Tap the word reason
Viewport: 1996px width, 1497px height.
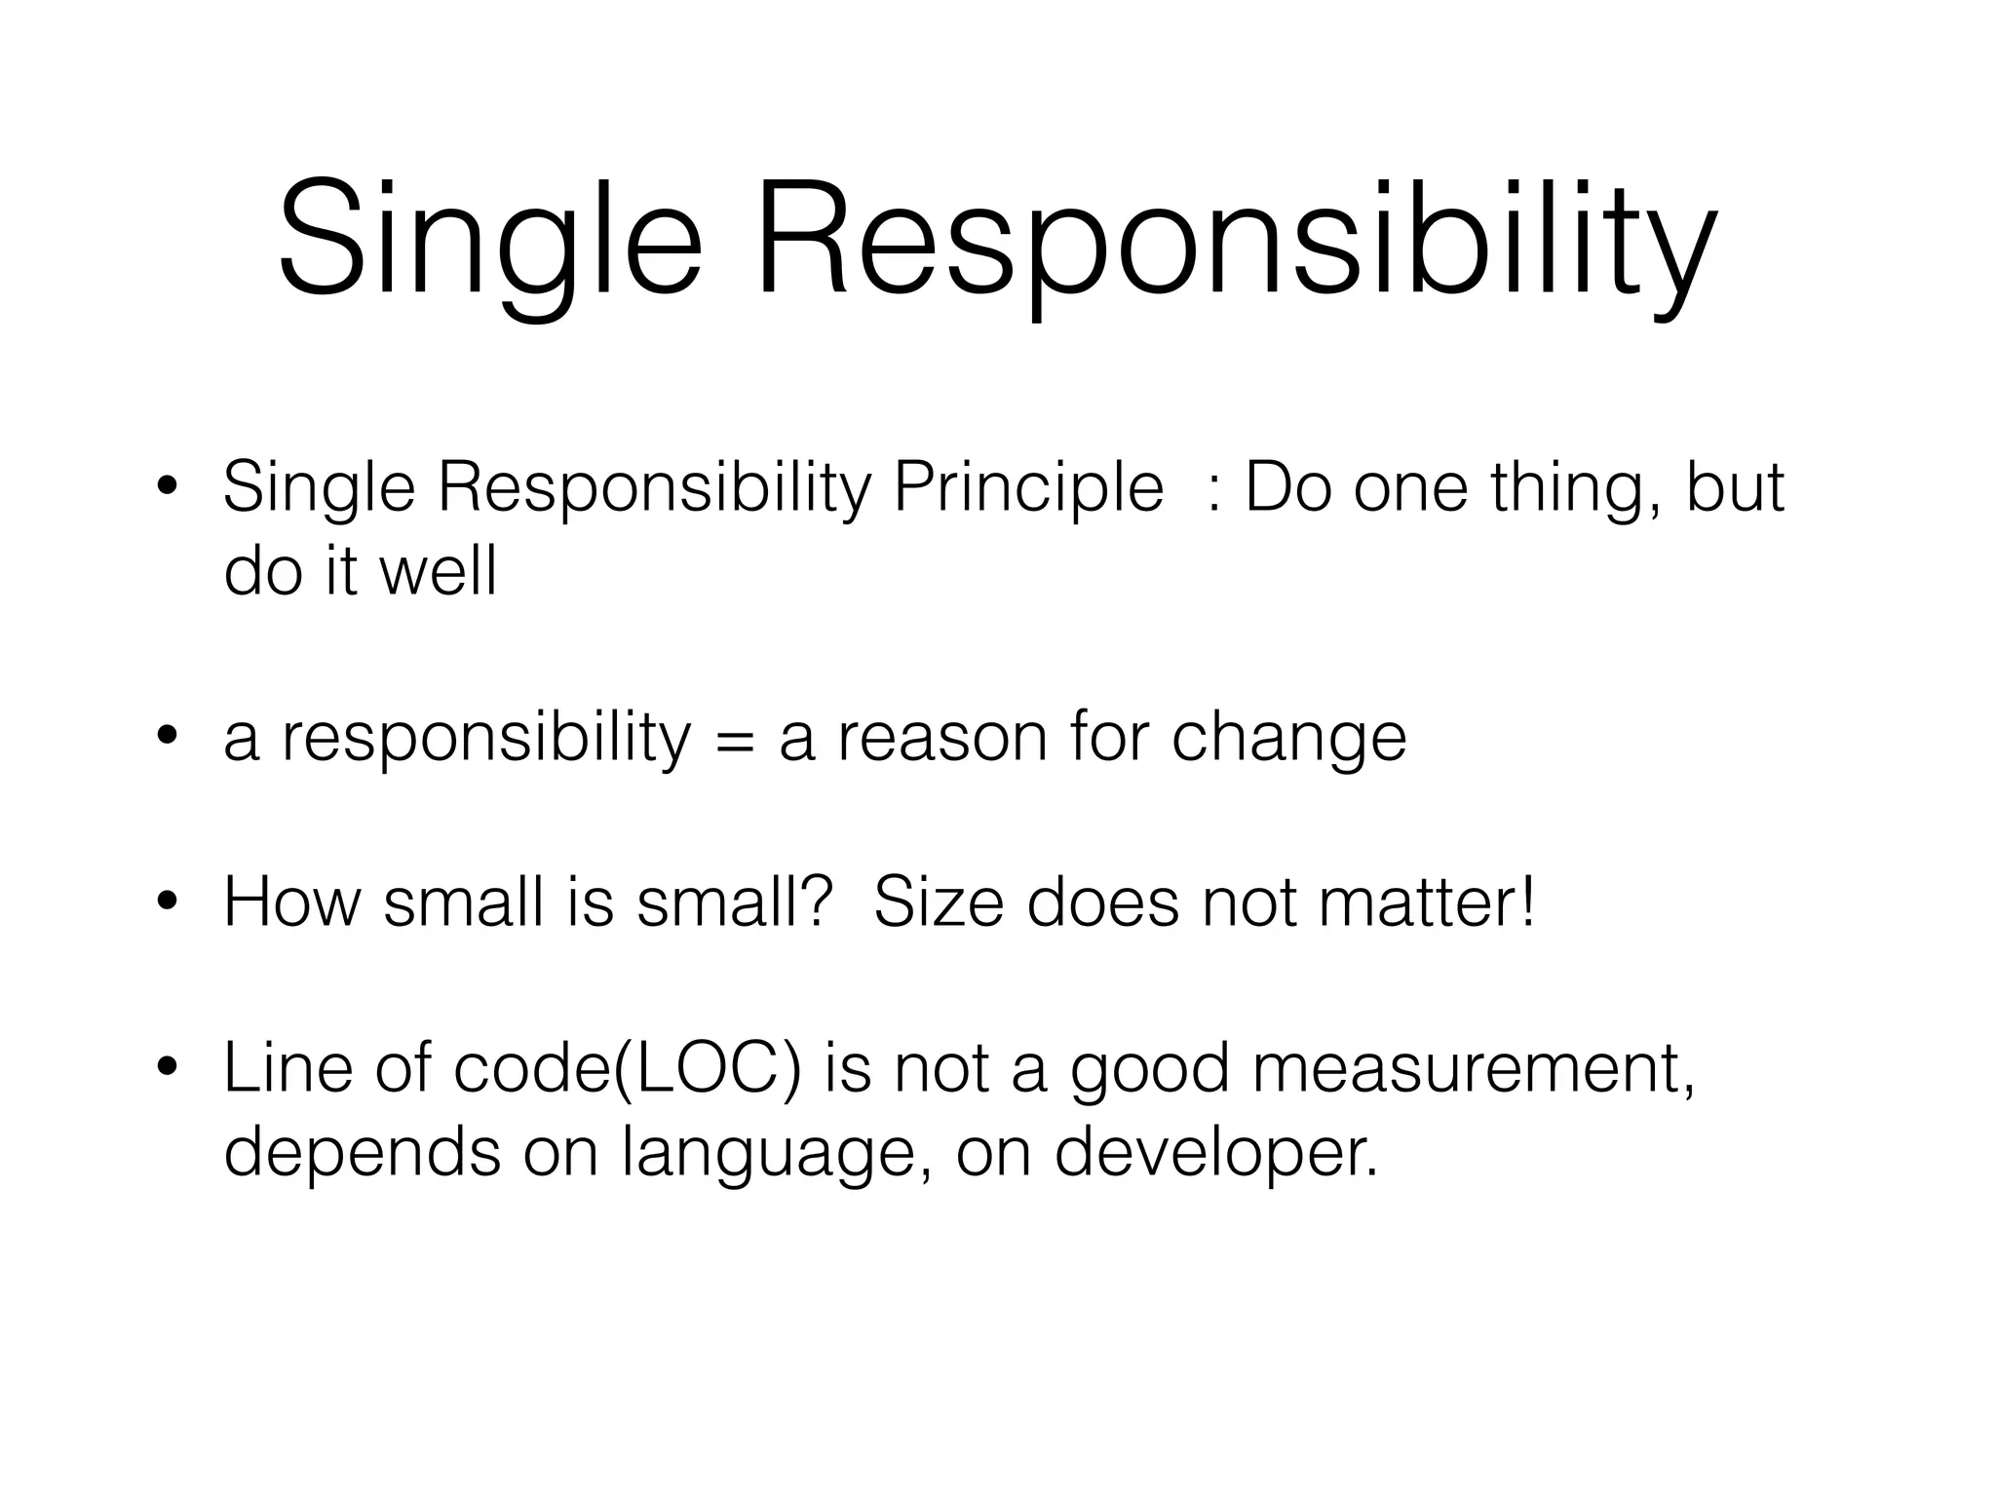[x=941, y=738]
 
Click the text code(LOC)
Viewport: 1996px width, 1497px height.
[x=628, y=1069]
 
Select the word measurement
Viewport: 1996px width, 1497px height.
[x=1472, y=1069]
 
